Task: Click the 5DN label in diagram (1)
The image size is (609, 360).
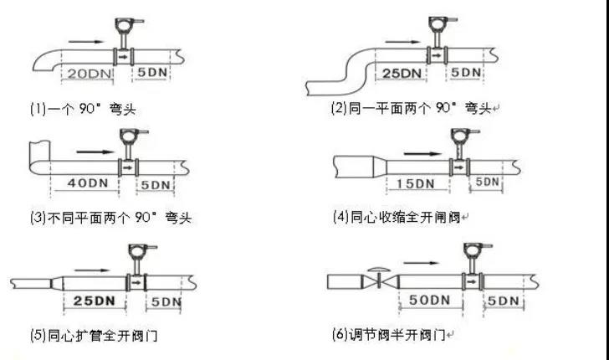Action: [x=152, y=74]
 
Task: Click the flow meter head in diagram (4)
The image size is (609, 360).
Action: [x=459, y=137]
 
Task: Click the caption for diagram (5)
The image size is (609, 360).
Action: [x=93, y=336]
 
